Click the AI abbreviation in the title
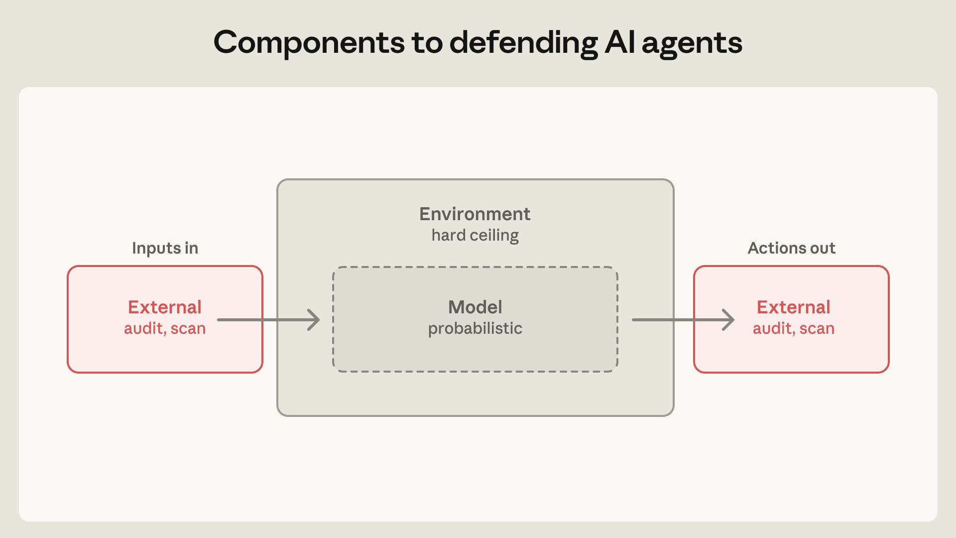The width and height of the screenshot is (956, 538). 620,42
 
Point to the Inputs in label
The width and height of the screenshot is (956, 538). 165,248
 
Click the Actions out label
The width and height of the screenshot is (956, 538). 791,248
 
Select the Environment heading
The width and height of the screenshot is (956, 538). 475,214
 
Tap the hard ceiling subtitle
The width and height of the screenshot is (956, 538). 475,235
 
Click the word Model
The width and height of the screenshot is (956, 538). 475,307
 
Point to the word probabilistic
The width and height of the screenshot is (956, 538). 475,328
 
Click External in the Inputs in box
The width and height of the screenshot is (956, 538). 165,307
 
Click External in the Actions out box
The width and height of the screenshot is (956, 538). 794,307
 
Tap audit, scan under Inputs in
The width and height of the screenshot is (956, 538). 165,328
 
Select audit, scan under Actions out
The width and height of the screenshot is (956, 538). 794,328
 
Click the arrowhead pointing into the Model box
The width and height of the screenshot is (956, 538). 314,320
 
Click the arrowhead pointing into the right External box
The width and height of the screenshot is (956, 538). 729,320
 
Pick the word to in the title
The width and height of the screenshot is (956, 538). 427,43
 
